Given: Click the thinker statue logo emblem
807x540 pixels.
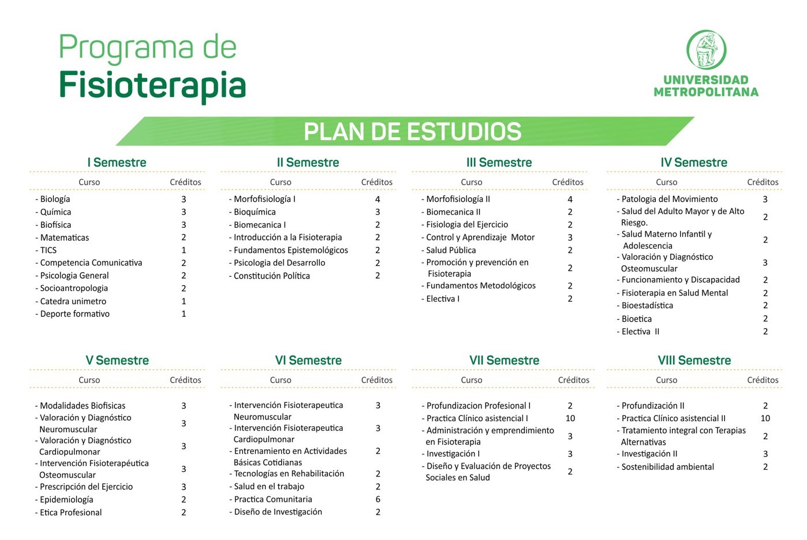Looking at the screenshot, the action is click(x=706, y=50).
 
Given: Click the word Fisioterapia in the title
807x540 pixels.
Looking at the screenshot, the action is click(x=152, y=86).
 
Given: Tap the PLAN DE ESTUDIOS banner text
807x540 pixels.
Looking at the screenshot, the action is click(x=413, y=132).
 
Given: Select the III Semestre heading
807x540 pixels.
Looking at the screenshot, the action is click(x=499, y=162).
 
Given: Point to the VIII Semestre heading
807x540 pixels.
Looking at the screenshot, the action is click(x=694, y=361).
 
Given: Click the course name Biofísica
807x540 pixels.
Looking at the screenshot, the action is click(x=55, y=224).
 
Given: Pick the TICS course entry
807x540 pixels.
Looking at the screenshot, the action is click(x=48, y=250).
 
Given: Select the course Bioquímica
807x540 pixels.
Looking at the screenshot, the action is click(x=255, y=212).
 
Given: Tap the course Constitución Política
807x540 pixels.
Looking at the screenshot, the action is click(x=272, y=276).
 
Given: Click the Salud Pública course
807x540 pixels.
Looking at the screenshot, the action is click(x=451, y=250).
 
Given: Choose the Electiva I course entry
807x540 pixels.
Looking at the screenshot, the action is click(x=443, y=299).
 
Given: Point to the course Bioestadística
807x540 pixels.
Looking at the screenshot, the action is click(x=647, y=306).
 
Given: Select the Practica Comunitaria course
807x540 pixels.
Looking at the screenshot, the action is click(x=273, y=499).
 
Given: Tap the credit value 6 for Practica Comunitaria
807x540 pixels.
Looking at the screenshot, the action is click(x=378, y=499).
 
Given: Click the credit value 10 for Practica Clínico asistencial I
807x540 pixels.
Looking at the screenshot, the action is click(x=570, y=418).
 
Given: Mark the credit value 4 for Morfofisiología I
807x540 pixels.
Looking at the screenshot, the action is click(x=378, y=199).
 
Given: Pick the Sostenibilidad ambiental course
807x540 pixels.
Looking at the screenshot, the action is click(x=667, y=467).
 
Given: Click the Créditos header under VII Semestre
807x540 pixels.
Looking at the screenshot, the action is click(x=574, y=380).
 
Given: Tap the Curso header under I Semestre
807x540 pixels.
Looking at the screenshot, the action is click(x=89, y=182).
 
